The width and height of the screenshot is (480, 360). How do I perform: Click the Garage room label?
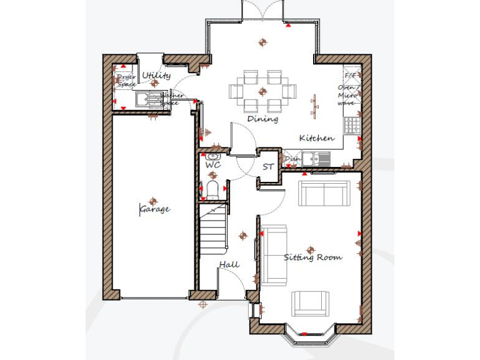(154, 209)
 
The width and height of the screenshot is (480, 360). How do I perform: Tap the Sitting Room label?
(312, 257)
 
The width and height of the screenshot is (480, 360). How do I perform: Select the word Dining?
(262, 119)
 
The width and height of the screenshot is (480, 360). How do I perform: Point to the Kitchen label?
(316, 138)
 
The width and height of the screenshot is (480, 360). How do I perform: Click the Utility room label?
(156, 76)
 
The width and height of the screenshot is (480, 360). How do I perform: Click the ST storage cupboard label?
(268, 167)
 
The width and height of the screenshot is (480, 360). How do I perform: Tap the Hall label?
(229, 265)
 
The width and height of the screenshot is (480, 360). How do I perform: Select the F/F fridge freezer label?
(351, 76)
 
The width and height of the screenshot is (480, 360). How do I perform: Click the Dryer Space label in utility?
(126, 81)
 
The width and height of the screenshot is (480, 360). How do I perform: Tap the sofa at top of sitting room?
(324, 192)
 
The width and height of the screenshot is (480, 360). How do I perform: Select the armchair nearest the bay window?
(311, 303)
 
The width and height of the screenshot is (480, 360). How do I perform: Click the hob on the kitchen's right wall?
(353, 123)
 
